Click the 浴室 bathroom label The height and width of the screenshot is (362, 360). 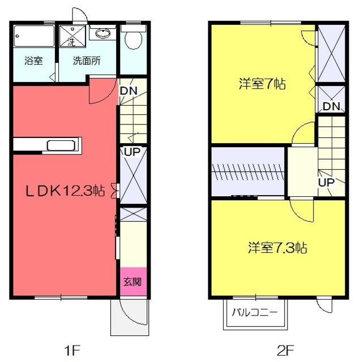(x=33, y=61)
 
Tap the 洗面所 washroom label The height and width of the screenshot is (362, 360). (x=87, y=61)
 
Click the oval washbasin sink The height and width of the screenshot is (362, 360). (x=102, y=34)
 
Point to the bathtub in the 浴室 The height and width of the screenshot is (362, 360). (x=34, y=36)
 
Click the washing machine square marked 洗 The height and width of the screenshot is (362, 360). (x=72, y=36)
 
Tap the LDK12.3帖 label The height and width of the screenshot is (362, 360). (x=65, y=191)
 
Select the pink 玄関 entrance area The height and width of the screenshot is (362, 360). (x=134, y=282)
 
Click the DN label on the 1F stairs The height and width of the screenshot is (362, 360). (x=128, y=90)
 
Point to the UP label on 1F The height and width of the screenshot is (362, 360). (x=132, y=152)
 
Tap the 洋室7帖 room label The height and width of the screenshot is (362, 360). (x=262, y=84)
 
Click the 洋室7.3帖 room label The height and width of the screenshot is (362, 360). (x=277, y=248)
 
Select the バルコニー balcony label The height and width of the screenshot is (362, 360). (x=254, y=313)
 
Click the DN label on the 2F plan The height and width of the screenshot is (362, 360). (x=331, y=106)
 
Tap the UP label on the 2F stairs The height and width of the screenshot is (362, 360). (x=326, y=182)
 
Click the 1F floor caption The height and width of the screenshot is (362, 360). (x=72, y=351)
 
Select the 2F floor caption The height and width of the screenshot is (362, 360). (x=285, y=351)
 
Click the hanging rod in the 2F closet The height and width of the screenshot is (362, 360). (x=248, y=172)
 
